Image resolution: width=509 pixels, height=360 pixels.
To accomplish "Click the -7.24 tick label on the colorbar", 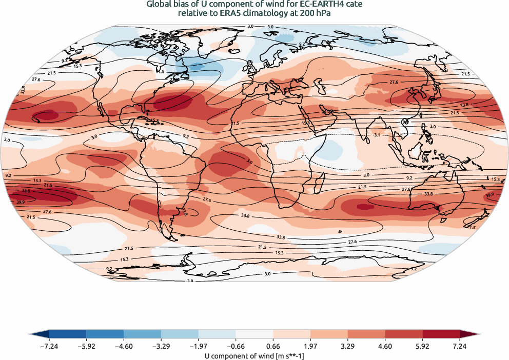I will pyautogui.click(x=49, y=346).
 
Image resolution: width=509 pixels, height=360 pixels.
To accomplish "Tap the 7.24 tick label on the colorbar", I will pyautogui.click(x=459, y=346).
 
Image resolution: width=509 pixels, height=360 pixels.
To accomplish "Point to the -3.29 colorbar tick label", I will pyautogui.click(x=161, y=346).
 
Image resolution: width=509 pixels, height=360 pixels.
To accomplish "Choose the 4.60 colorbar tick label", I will pyautogui.click(x=385, y=346).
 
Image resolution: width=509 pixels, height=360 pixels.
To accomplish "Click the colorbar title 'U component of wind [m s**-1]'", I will pyautogui.click(x=254, y=355).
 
